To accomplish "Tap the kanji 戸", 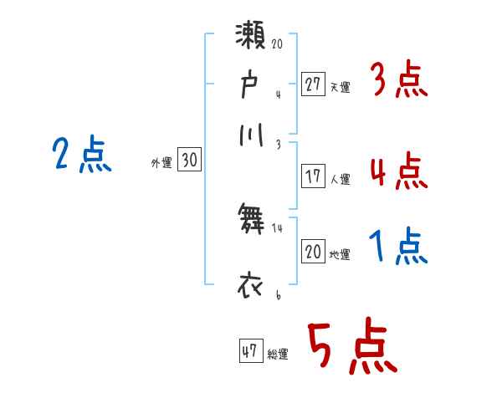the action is (251, 85).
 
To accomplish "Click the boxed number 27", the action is (313, 85).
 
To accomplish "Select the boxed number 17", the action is (313, 177).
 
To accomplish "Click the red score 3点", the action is (398, 82).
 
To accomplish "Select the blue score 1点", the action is (398, 248).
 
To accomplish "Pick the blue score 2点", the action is (82, 155).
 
